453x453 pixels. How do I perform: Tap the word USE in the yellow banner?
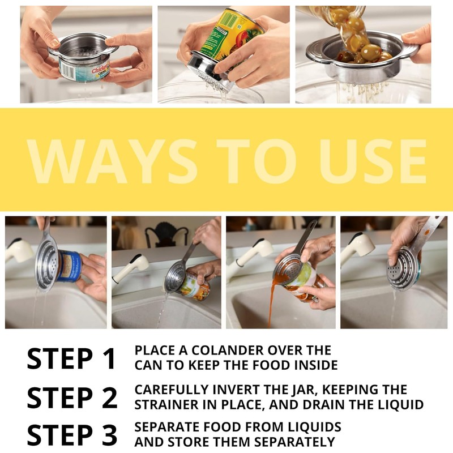coord(373,161)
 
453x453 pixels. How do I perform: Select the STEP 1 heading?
coord(72,358)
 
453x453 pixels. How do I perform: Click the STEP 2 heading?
coord(72,398)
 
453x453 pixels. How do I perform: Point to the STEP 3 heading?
coord(72,435)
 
